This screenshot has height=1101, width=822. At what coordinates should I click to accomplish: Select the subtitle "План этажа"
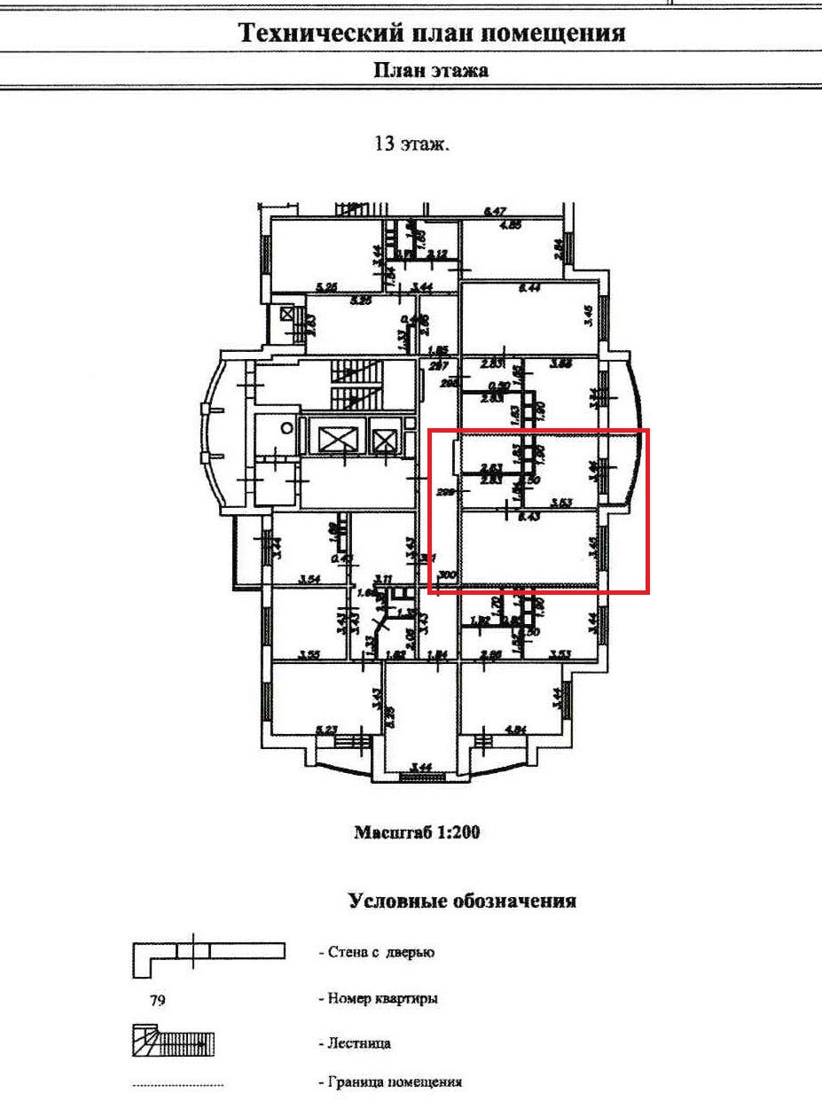430,71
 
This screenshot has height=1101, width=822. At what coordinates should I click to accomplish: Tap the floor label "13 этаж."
412,144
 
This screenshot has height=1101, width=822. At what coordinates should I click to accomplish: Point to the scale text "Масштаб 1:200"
417,832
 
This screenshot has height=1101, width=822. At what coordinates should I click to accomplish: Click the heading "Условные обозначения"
462,902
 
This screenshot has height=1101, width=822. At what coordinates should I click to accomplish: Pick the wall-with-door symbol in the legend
208,953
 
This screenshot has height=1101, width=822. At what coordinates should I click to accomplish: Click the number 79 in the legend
157,999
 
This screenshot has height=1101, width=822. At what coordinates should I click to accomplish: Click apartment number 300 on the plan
447,574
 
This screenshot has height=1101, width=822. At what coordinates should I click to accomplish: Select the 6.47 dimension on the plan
495,212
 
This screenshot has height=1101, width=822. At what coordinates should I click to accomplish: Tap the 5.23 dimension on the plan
327,730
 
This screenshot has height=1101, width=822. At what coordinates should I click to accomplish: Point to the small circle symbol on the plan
286,426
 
